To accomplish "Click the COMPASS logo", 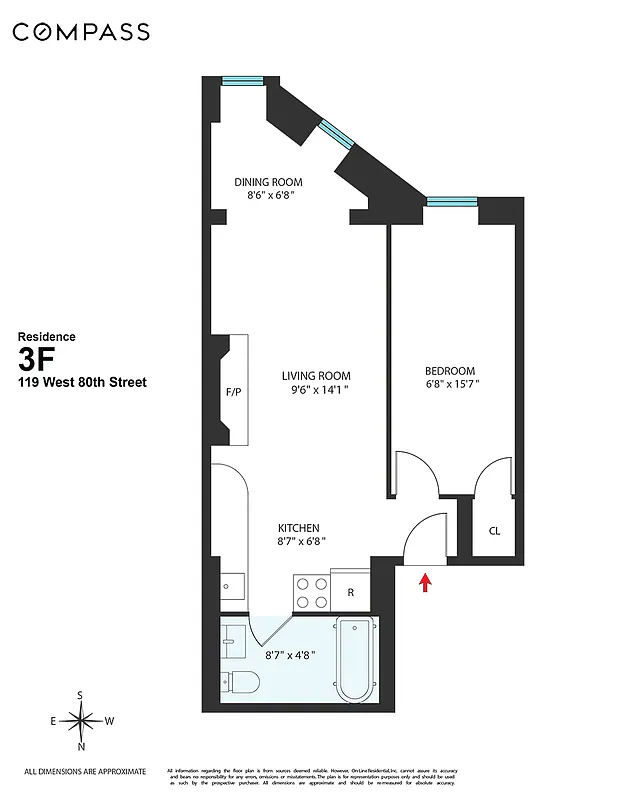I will click(x=81, y=32).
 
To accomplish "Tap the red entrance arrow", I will click(x=425, y=581).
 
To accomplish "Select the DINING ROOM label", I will click(x=268, y=182).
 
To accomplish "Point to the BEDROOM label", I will click(x=449, y=370).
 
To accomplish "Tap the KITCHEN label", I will click(x=298, y=528).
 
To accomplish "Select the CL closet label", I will click(x=494, y=531).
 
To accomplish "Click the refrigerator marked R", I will click(x=350, y=592).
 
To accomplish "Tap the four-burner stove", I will click(x=311, y=591).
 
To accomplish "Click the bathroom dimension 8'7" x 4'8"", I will click(x=292, y=657).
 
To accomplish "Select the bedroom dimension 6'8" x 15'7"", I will click(x=449, y=384).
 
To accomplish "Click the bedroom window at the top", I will click(x=453, y=201).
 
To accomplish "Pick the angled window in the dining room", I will click(x=334, y=135).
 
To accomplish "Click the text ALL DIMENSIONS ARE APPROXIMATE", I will click(x=85, y=771).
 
